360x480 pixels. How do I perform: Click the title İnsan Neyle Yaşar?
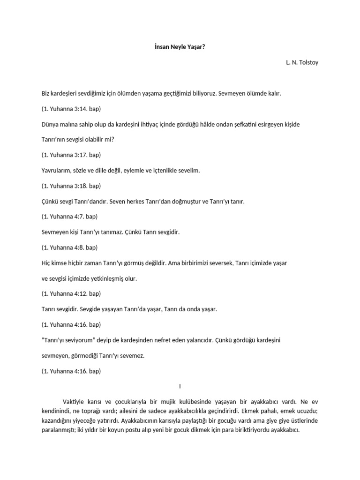[180, 47]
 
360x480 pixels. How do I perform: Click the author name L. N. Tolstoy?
[302, 62]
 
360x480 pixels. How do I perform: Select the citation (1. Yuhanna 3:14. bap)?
[71, 109]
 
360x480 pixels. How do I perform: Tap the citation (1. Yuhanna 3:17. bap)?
[71, 155]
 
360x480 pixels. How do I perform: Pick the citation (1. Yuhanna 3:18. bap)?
[71, 186]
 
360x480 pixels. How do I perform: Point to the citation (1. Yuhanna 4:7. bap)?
[69, 217]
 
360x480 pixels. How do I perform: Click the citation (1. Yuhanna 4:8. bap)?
[69, 247]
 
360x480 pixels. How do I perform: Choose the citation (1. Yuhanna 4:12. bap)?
[71, 293]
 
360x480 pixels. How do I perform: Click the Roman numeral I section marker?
[180, 386]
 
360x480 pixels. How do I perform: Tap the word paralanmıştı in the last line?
[59, 428]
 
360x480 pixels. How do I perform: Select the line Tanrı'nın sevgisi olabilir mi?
[78, 140]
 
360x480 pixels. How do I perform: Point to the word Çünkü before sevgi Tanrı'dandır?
[50, 201]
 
